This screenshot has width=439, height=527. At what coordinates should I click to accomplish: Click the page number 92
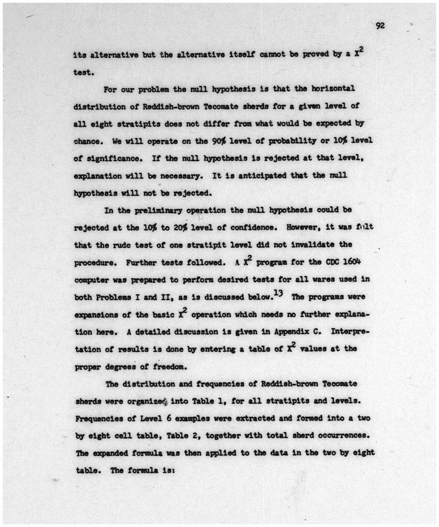(380, 26)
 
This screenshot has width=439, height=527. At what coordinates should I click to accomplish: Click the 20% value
(180, 228)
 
